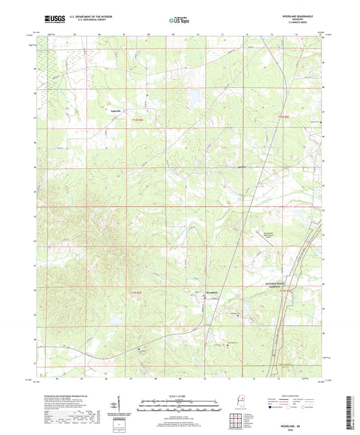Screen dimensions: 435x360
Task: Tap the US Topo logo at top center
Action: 178,22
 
